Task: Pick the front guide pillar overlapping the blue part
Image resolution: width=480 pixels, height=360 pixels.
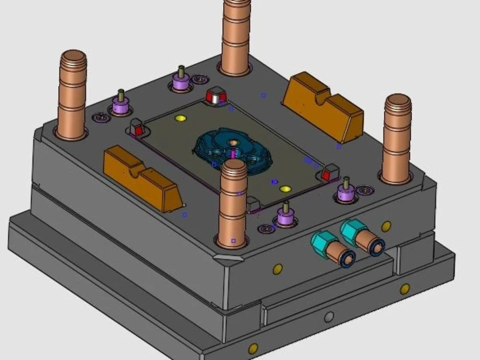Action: (233, 202)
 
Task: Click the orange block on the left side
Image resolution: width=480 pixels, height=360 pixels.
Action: (142, 178)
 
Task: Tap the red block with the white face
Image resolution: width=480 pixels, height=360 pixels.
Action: (216, 96)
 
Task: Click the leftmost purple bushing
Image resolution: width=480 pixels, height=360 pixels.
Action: (120, 104)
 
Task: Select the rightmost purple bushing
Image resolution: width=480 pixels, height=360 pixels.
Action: (346, 192)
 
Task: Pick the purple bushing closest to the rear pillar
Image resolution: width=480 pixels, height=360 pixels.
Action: (181, 82)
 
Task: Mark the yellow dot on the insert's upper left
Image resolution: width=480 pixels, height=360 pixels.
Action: (180, 118)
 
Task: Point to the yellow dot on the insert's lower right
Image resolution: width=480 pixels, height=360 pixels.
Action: (286, 189)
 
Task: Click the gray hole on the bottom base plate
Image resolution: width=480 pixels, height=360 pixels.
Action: (329, 317)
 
